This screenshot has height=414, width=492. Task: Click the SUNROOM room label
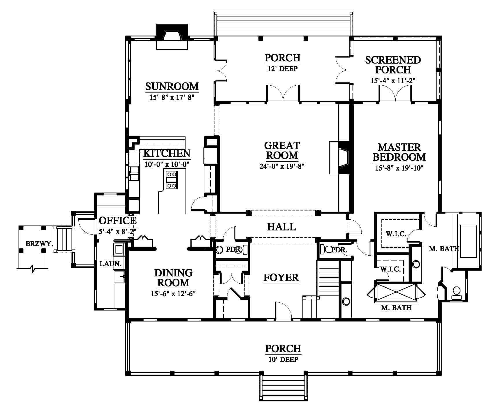point(172,86)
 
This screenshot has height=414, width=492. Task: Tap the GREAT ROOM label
point(282,150)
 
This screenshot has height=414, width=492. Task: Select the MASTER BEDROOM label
point(399,152)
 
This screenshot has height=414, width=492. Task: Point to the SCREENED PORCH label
point(393,65)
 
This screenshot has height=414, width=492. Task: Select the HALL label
point(282,227)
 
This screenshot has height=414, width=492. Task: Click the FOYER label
point(281,278)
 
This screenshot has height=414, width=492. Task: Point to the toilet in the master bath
point(456,293)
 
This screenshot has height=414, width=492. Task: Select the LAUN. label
point(110,264)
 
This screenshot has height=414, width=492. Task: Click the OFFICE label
point(118,221)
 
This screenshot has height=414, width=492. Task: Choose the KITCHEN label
point(167,154)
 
